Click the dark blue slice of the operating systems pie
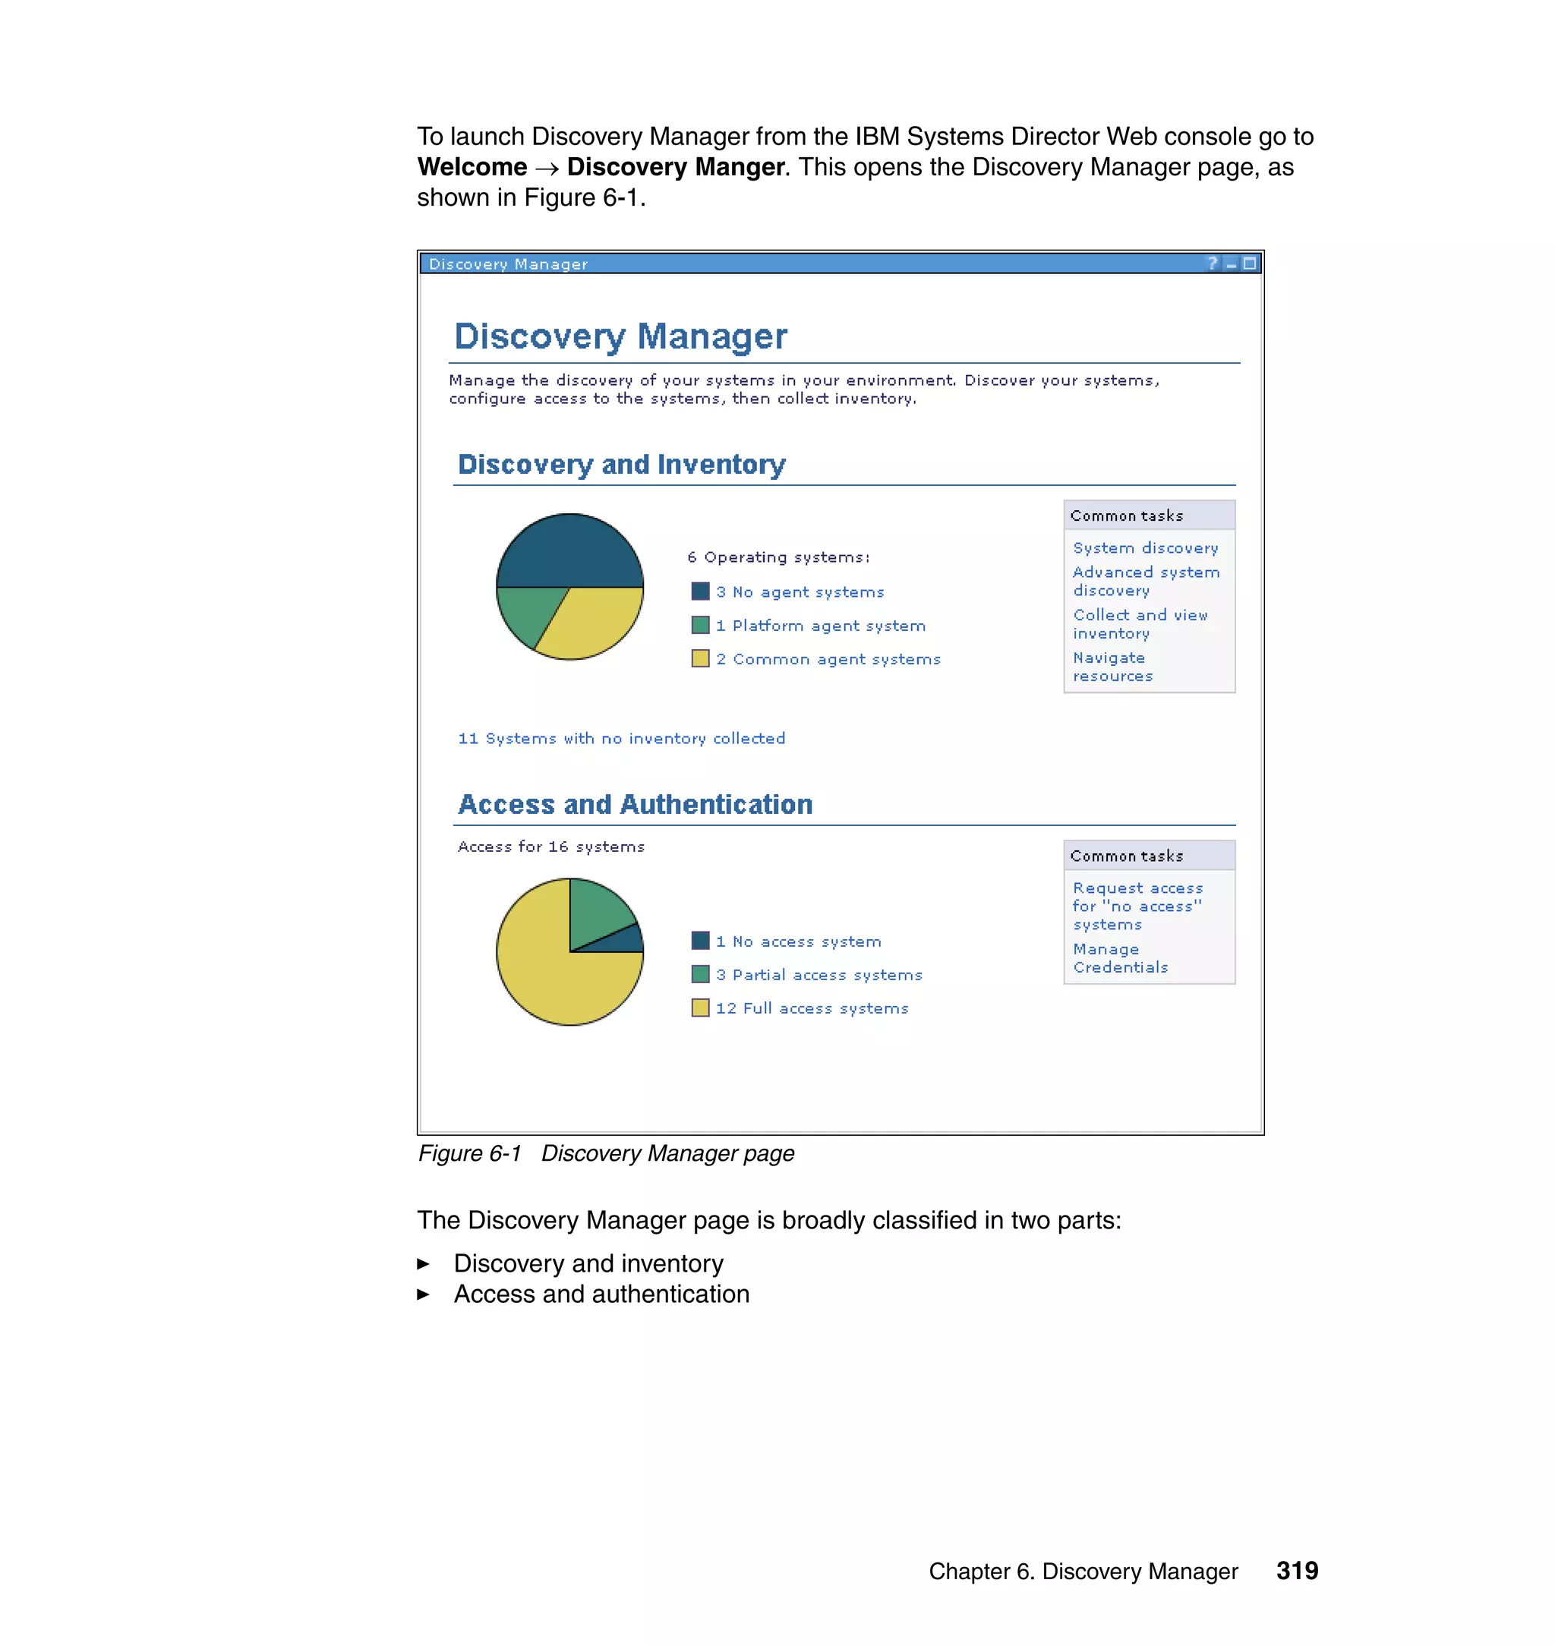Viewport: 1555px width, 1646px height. click(569, 551)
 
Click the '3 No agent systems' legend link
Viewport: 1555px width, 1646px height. click(799, 591)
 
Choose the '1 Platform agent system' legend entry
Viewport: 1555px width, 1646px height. click(820, 626)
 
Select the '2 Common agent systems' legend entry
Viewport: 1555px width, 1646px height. click(828, 659)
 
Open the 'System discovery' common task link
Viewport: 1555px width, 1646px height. click(1145, 548)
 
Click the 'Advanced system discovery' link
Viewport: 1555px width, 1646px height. click(1145, 581)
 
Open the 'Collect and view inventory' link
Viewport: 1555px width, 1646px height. click(1140, 624)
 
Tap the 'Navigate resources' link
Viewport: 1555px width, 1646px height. click(1112, 667)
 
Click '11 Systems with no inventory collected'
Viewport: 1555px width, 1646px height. click(621, 739)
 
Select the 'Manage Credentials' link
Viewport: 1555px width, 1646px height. click(1119, 958)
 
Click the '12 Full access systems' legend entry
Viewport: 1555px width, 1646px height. click(812, 1007)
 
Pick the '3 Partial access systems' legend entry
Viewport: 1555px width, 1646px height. click(818, 975)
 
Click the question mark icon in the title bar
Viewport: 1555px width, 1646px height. click(1212, 263)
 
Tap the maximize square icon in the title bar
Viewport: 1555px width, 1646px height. click(1249, 263)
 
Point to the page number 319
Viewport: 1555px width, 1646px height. click(1296, 1571)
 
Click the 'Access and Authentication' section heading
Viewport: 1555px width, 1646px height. click(635, 804)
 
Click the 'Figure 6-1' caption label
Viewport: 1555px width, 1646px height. click(469, 1153)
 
